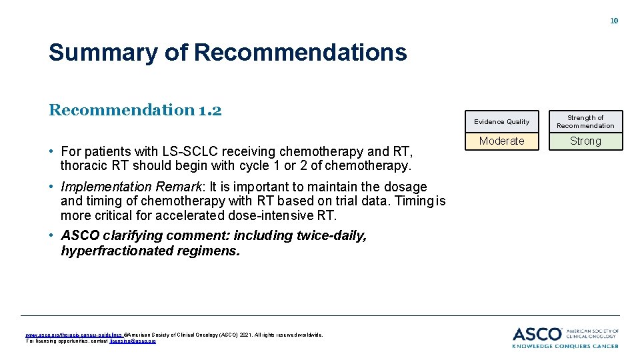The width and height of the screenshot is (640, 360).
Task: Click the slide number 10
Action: point(614,21)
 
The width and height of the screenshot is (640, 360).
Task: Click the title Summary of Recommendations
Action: point(227,53)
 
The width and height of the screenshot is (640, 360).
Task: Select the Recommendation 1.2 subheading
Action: point(135,109)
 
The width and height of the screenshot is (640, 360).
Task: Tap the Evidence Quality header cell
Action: point(501,122)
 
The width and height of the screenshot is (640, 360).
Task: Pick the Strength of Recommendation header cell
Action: point(585,121)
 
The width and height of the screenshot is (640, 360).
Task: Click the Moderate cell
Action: point(501,141)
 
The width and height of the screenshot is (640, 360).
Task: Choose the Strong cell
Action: point(585,141)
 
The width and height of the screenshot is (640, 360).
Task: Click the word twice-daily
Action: point(328,235)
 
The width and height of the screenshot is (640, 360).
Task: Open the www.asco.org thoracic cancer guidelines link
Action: point(73,335)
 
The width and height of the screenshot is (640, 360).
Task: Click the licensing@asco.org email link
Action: point(133,341)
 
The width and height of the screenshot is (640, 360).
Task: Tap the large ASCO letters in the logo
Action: point(537,334)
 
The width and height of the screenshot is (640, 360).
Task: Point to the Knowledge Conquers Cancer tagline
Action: point(565,346)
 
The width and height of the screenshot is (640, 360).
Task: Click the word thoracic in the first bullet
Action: point(83,165)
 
